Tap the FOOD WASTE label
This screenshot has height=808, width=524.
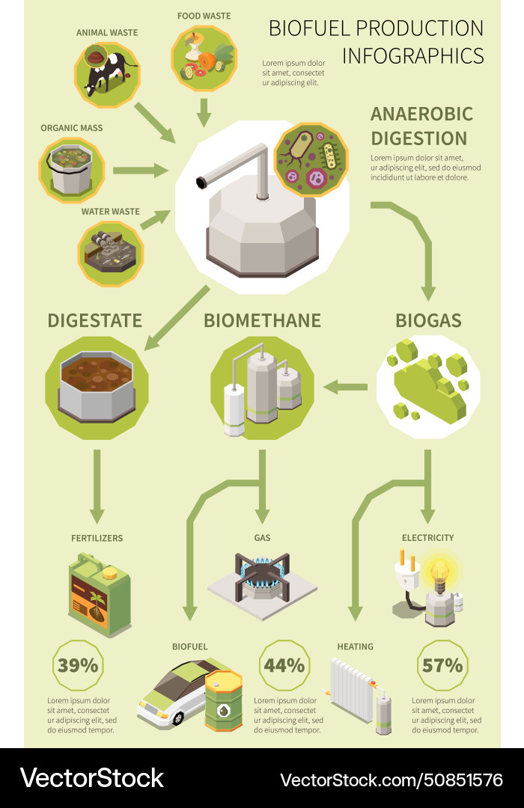pyautogui.click(x=204, y=16)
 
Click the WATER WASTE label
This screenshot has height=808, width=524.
pyautogui.click(x=111, y=212)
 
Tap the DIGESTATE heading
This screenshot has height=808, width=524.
pyautogui.click(x=94, y=321)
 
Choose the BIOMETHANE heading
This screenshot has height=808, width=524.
pyautogui.click(x=262, y=321)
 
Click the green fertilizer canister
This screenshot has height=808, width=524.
pyautogui.click(x=100, y=595)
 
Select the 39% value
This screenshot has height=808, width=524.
pyautogui.click(x=79, y=664)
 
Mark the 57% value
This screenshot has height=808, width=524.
pyautogui.click(x=442, y=664)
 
